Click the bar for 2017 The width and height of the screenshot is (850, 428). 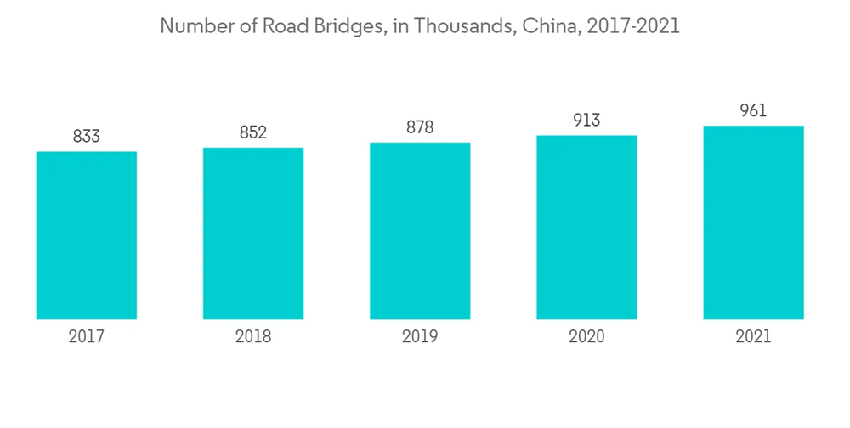pyautogui.click(x=87, y=235)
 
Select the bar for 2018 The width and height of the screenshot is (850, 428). pyautogui.click(x=253, y=234)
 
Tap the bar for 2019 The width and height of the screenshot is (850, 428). pyautogui.click(x=420, y=231)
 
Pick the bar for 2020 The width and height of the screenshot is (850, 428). pyautogui.click(x=586, y=228)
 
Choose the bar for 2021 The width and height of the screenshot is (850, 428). pyautogui.click(x=753, y=222)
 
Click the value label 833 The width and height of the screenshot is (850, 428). pyautogui.click(x=87, y=136)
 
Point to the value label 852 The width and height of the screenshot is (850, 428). pyautogui.click(x=253, y=132)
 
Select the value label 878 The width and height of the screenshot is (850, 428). pyautogui.click(x=420, y=127)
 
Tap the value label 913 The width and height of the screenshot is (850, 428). pyautogui.click(x=586, y=121)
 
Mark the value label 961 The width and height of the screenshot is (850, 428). pyautogui.click(x=753, y=110)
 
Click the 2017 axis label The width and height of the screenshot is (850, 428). pyautogui.click(x=87, y=337)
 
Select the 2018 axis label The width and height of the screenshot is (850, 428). pyautogui.click(x=253, y=337)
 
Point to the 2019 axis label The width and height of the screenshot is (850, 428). pyautogui.click(x=420, y=337)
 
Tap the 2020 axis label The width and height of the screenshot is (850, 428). pyautogui.click(x=586, y=337)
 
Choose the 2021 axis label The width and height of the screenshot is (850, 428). pyautogui.click(x=753, y=337)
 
